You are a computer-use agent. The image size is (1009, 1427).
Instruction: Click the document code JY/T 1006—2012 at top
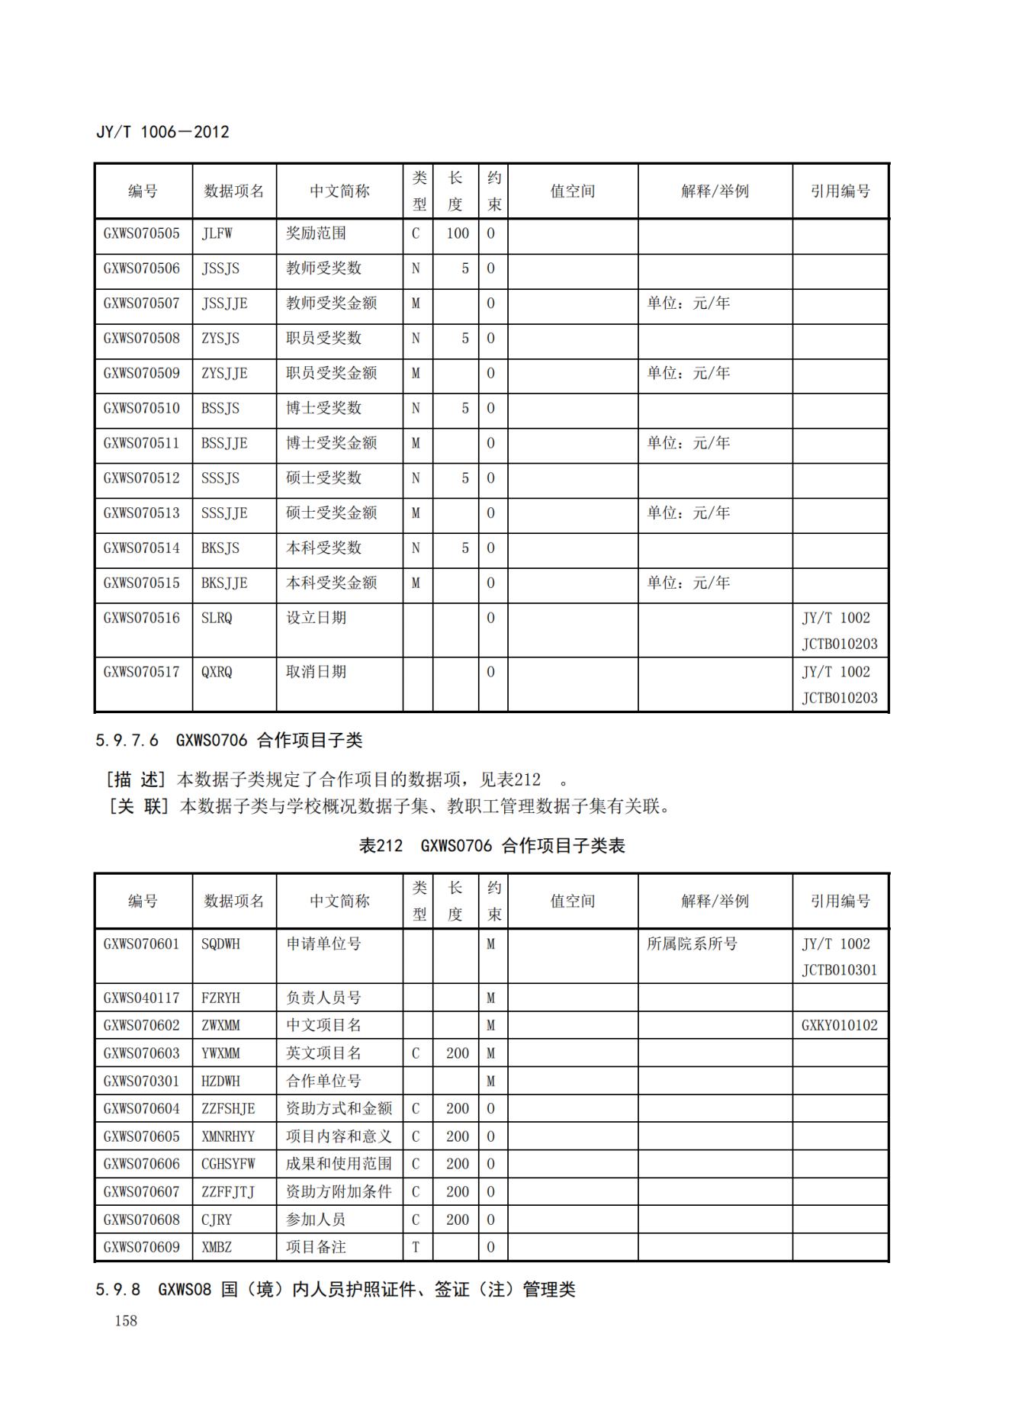coord(162,132)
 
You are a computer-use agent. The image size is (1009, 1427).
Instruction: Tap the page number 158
coord(126,1320)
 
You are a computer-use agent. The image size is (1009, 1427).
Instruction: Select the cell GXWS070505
coord(142,233)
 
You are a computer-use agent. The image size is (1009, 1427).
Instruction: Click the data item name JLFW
coord(217,233)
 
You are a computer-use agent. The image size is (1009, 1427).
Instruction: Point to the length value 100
coord(457,233)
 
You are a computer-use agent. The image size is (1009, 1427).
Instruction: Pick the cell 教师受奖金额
coord(331,304)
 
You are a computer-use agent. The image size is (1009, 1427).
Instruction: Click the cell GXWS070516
coord(142,618)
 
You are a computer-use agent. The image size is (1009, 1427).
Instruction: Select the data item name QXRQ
coord(217,672)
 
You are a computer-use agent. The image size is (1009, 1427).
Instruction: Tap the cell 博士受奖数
coord(323,408)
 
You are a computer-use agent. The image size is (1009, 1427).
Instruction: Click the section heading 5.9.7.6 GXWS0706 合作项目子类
coord(230,740)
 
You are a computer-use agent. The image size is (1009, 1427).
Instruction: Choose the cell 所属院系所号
coord(692,943)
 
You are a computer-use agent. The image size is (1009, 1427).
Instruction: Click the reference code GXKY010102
coord(839,1025)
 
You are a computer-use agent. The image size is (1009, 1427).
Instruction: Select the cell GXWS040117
coord(142,998)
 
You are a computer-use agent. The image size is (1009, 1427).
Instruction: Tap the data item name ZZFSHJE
coord(228,1108)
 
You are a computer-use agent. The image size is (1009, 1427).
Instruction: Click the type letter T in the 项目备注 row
coord(416,1247)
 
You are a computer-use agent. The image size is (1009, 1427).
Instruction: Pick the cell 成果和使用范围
coord(339,1164)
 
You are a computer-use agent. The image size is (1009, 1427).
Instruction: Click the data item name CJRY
coord(217,1220)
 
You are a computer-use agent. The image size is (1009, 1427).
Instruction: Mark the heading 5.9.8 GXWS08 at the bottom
coord(336,1289)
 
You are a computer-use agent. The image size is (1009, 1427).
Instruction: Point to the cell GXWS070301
coord(142,1081)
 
